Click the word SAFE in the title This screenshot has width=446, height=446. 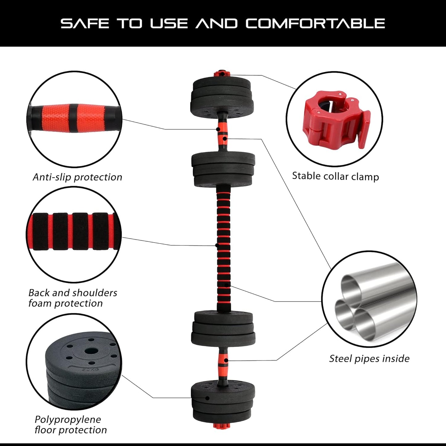(85, 23)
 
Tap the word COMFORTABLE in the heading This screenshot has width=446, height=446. (315, 23)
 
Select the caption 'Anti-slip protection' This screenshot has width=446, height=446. (77, 177)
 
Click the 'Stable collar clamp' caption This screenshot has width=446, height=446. (335, 176)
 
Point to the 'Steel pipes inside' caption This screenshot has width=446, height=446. (369, 359)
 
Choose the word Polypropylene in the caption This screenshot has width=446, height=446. (68, 419)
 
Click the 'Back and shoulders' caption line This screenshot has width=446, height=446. (73, 293)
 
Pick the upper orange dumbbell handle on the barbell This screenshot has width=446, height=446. (222, 131)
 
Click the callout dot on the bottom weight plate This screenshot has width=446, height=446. (208, 398)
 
